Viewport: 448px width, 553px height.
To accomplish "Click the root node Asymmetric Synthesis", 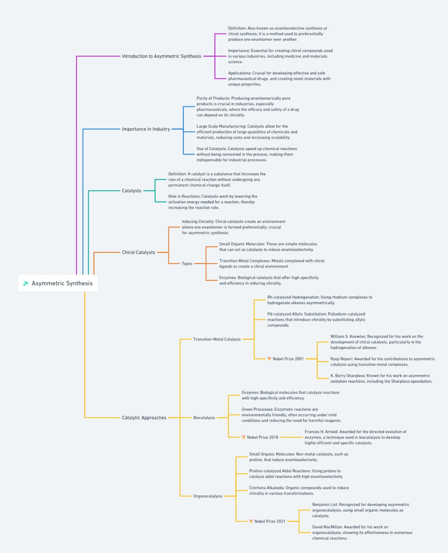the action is tap(58, 283).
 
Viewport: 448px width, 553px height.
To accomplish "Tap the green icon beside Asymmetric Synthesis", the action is tap(26, 283).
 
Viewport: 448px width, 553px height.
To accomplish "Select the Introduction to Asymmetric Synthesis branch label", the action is tap(162, 56).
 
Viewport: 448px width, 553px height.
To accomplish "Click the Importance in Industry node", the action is tap(146, 129).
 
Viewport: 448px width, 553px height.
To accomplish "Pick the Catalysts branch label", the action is tap(132, 190).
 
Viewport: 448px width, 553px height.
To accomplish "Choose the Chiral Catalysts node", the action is tap(138, 252).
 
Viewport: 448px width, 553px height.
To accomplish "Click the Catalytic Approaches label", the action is tap(144, 418).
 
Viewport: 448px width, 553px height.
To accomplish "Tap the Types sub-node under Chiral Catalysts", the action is tap(187, 263).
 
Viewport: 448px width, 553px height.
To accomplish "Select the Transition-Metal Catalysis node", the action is tap(217, 339).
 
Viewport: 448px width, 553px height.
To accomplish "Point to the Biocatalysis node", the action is tap(204, 418).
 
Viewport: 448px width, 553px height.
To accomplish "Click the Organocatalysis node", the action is tap(208, 496).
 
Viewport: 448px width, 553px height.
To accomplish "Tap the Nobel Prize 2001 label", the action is tap(288, 359).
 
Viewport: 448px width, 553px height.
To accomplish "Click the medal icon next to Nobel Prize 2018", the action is tap(244, 437).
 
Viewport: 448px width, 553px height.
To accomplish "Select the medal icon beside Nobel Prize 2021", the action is tap(251, 521).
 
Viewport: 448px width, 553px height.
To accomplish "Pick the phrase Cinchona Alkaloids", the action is tap(266, 488).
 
